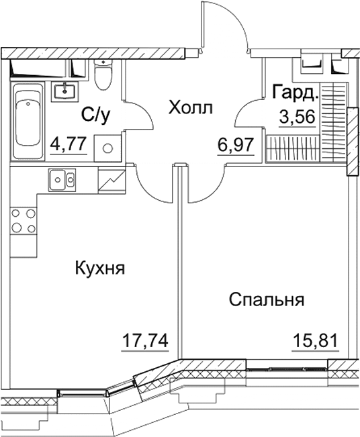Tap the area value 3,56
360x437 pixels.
tap(296, 117)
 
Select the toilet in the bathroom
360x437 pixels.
tap(103, 75)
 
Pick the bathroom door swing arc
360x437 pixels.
tap(138, 111)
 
